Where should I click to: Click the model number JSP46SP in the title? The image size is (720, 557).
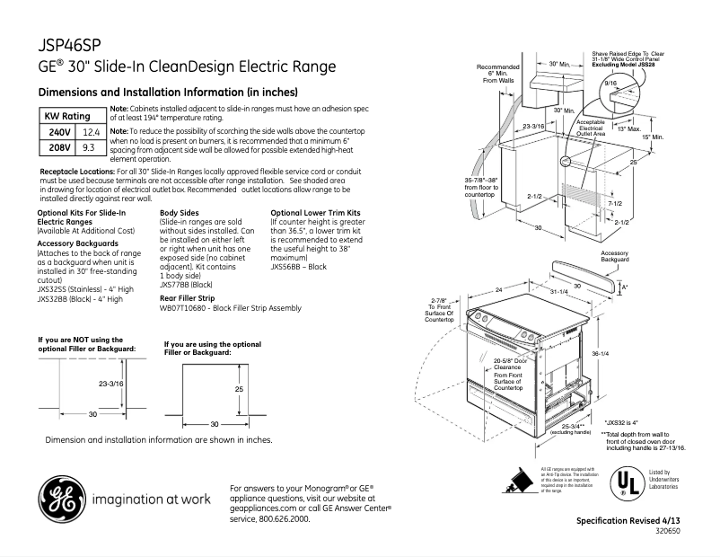(x=68, y=43)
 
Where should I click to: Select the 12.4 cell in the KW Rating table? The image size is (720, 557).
(x=90, y=131)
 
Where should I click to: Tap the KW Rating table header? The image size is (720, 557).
(x=68, y=117)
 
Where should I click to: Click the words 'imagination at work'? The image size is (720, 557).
(x=151, y=499)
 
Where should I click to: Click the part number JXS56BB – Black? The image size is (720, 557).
(x=299, y=267)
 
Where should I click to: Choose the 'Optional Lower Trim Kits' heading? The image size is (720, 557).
(x=311, y=213)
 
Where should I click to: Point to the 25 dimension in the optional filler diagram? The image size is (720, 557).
(x=239, y=390)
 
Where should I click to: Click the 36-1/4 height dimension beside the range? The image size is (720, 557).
(x=601, y=354)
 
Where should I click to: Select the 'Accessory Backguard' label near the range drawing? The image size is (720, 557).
(x=614, y=257)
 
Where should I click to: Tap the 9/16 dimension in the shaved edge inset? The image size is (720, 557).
(x=611, y=83)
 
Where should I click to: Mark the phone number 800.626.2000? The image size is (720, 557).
(x=269, y=519)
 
